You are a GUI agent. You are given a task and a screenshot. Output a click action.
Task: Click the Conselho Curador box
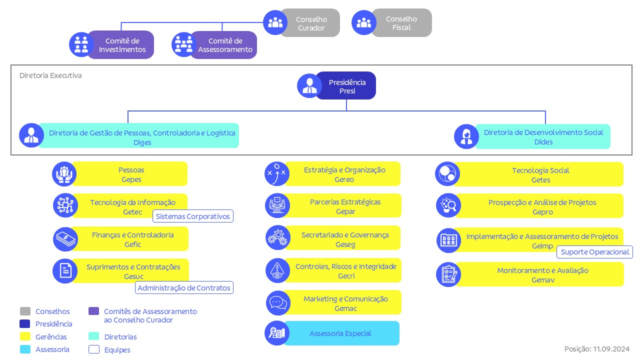(310, 23)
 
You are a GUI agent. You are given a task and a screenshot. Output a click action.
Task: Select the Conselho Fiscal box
(401, 23)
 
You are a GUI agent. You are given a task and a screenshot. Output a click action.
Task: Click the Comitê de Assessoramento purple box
(224, 45)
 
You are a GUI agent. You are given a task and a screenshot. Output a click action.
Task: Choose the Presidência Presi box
(346, 86)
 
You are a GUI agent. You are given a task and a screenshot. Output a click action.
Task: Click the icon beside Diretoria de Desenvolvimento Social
(466, 136)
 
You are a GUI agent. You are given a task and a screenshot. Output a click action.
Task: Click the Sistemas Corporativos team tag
(193, 216)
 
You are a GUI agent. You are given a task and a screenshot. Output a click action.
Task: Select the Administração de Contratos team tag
(184, 287)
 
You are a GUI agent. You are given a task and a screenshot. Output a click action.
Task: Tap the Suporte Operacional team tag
(594, 252)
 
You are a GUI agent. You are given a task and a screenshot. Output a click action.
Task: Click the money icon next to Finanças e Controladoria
(65, 239)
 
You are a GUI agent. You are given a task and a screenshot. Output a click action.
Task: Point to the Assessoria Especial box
(340, 333)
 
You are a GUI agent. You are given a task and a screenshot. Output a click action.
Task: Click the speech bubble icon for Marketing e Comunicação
(277, 303)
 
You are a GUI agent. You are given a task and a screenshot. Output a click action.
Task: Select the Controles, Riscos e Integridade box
(345, 270)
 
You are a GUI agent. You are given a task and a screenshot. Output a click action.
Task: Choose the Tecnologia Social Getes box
(540, 174)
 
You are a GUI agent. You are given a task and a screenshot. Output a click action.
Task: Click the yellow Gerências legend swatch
(25, 336)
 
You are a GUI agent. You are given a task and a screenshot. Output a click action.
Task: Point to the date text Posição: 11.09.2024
(596, 349)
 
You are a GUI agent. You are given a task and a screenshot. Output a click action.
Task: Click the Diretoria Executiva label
(50, 75)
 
